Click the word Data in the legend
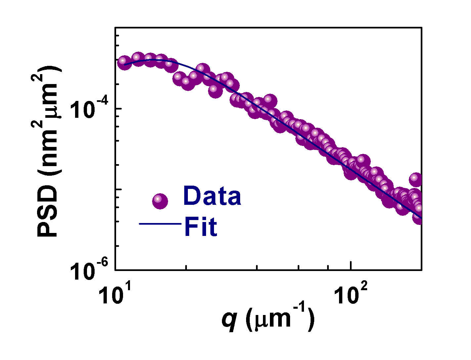[x=212, y=196]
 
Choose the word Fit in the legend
[x=200, y=227]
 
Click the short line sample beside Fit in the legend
[x=160, y=224]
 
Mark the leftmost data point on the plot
[x=124, y=62]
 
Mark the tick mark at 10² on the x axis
[x=351, y=267]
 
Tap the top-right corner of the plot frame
[x=421, y=28]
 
